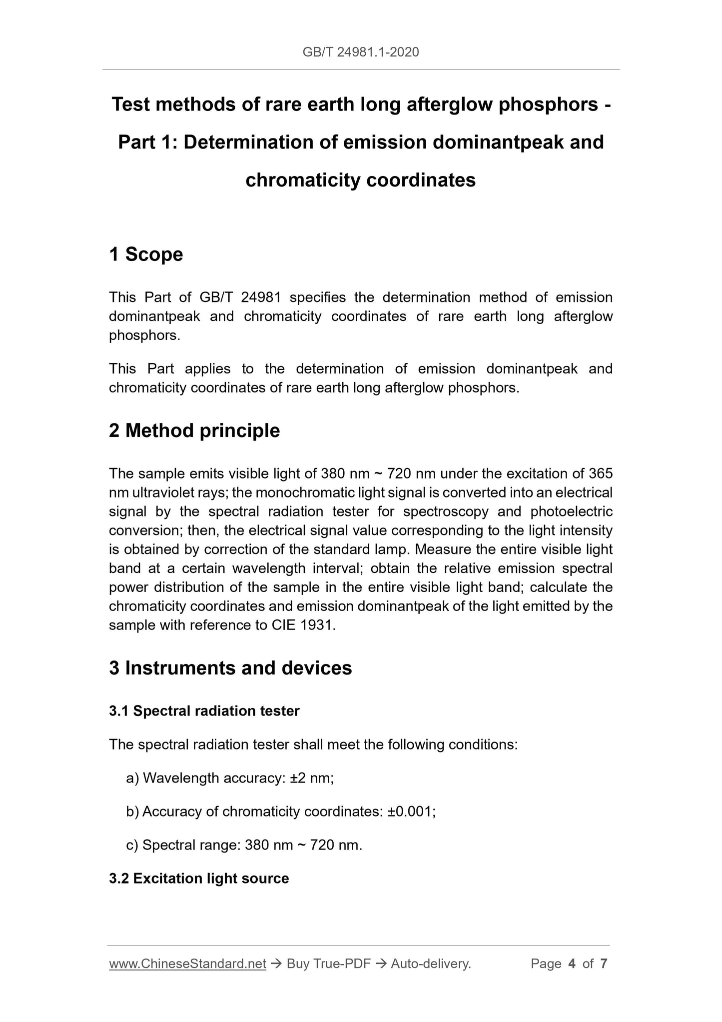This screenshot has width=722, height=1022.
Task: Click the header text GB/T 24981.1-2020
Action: click(361, 52)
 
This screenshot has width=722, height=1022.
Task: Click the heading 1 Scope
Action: click(146, 254)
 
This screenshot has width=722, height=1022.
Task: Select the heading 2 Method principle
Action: click(194, 430)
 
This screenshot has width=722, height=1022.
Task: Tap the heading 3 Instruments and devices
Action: click(230, 668)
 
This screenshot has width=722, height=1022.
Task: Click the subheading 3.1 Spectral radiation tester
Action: click(204, 711)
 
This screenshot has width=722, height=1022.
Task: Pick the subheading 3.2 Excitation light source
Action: click(199, 878)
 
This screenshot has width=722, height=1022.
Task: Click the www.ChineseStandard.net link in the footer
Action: click(187, 963)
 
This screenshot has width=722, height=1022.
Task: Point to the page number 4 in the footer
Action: click(572, 963)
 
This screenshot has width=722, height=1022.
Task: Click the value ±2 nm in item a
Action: click(311, 778)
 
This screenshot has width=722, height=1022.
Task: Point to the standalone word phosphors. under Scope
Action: click(144, 335)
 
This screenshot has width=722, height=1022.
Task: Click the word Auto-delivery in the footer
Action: click(431, 963)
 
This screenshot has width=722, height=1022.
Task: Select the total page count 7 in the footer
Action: click(604, 963)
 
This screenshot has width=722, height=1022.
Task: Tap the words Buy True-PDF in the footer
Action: click(328, 963)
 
